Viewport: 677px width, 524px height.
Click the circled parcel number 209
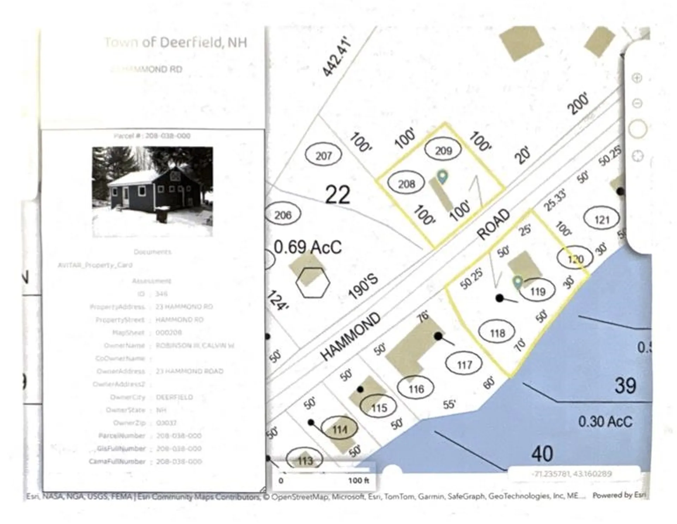[x=443, y=150]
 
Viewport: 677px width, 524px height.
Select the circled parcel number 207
[x=323, y=155]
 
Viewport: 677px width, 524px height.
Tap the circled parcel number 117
[x=464, y=365]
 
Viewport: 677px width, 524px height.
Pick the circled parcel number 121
[x=602, y=220]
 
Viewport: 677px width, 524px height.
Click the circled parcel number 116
[x=416, y=389]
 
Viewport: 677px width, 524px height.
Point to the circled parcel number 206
[x=283, y=215]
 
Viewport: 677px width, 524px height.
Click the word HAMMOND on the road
[x=351, y=337]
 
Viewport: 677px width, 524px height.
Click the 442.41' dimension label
[x=337, y=57]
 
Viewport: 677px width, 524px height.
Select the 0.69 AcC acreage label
[x=307, y=247]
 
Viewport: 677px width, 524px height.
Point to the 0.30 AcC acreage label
[x=605, y=421]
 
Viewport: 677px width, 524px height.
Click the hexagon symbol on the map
[x=312, y=282]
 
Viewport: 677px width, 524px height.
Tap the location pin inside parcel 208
[x=442, y=176]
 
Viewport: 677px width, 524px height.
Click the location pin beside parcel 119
[x=517, y=282]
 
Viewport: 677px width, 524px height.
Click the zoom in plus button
[x=637, y=78]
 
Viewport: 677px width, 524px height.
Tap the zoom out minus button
[x=637, y=103]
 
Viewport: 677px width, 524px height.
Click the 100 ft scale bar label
[x=358, y=480]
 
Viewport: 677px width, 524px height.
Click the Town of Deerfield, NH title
[x=176, y=43]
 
